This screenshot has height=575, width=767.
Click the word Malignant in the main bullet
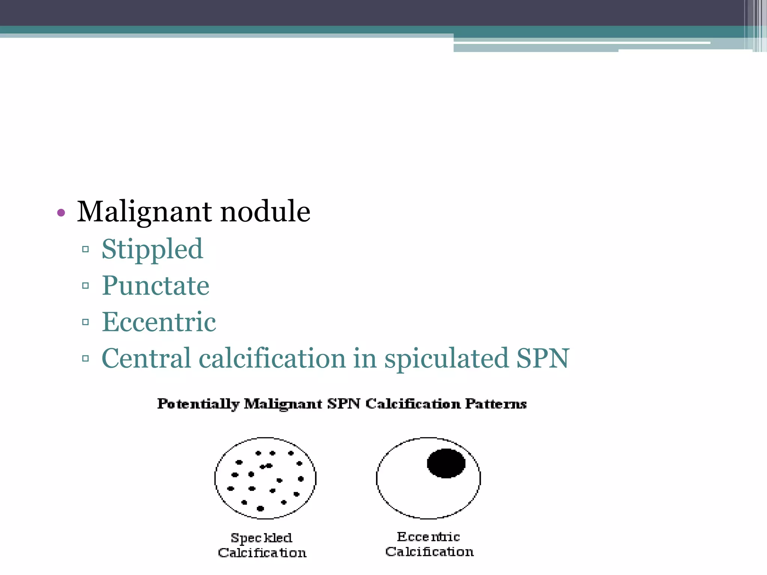145,212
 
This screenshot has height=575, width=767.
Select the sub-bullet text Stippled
152,249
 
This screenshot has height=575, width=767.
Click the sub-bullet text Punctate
155,286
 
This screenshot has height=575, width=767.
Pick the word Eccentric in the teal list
159,322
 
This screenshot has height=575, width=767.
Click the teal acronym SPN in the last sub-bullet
543,359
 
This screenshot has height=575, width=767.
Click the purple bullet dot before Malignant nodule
61,213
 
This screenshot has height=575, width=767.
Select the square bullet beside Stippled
85,249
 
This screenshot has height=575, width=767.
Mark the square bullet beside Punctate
85,286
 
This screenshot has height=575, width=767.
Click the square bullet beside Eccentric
85,322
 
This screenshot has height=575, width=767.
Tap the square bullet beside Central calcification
85,359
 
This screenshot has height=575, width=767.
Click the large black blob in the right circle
446,463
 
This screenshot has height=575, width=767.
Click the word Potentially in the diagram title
198,404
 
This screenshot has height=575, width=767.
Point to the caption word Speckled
261,538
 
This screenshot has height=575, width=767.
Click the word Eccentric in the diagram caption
428,537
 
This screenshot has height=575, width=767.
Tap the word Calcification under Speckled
262,553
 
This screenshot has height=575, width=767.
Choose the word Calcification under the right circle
430,552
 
